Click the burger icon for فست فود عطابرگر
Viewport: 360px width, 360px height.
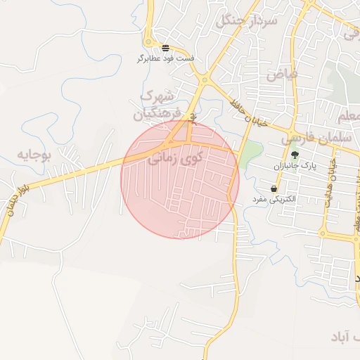[165, 48]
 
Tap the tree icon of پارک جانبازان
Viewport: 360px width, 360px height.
[295, 154]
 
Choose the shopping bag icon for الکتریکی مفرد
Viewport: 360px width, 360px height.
[273, 188]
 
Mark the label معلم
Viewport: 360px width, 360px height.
[349, 115]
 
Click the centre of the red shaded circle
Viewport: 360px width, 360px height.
[180, 179]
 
